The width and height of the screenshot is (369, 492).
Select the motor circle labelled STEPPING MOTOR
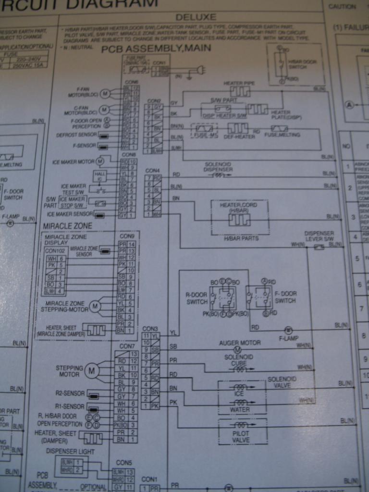click(91, 370)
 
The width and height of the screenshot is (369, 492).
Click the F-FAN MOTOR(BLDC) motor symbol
click(105, 93)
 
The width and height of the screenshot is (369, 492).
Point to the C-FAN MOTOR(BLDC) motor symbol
click(105, 110)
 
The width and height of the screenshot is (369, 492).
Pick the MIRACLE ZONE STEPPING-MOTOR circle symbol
click(95, 306)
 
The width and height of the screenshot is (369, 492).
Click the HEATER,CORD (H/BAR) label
click(239, 208)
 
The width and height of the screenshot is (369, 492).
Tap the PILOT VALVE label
click(241, 436)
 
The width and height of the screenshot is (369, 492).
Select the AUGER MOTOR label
click(240, 343)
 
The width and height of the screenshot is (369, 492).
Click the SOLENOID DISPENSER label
click(219, 167)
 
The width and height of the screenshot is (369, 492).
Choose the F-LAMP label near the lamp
click(289, 338)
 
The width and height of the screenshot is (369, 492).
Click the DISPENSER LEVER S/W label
click(319, 236)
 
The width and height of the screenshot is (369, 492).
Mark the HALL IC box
click(99, 175)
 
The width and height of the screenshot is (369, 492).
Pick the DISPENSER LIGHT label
click(70, 451)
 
